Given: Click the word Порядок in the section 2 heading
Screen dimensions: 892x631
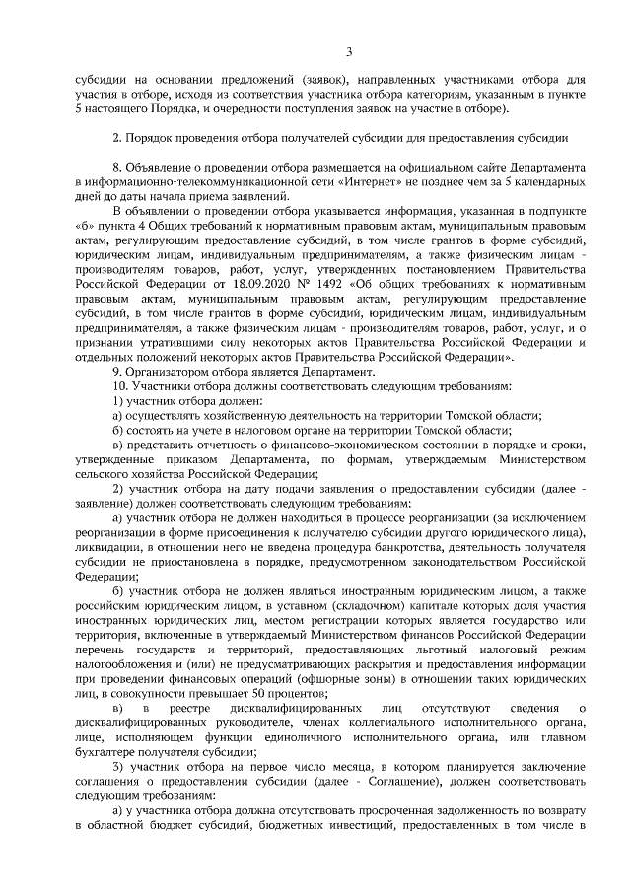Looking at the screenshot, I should click(x=149, y=136).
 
